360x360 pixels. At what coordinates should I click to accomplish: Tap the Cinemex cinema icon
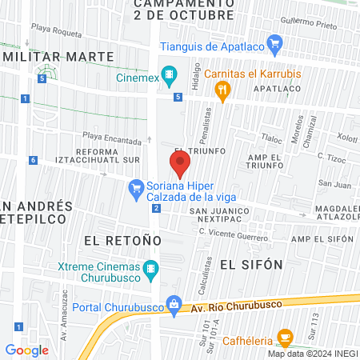(169, 77)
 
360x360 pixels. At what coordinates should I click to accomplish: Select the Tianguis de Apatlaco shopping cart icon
(274, 45)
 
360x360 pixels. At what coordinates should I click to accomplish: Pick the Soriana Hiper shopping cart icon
(135, 187)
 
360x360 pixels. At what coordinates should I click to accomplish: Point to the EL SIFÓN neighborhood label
(251, 263)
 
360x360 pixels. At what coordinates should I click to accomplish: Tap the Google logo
(27, 350)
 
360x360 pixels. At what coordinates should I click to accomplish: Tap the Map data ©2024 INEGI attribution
(312, 354)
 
